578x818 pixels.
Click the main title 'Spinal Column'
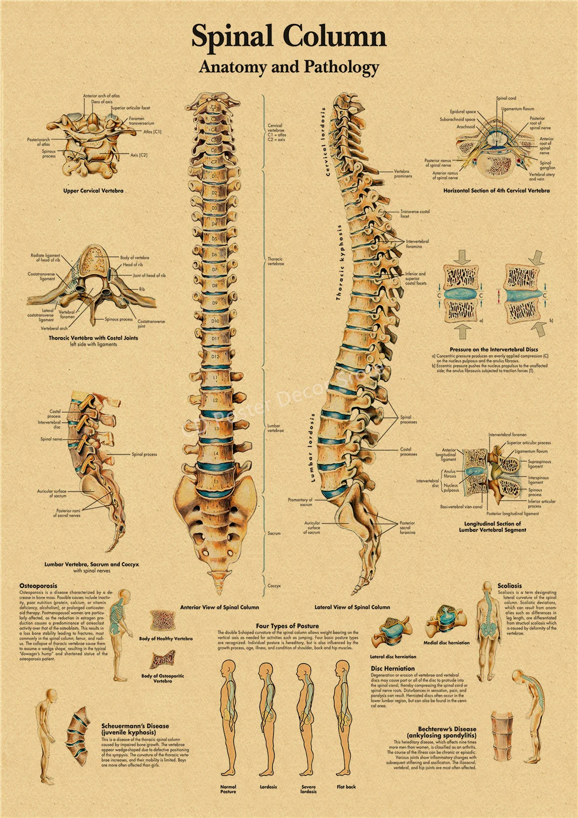(289, 36)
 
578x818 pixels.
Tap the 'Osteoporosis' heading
(38, 585)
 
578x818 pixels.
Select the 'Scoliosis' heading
(509, 585)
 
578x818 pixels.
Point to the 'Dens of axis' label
(101, 102)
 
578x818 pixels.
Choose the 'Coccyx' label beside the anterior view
(274, 585)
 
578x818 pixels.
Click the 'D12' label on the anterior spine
(215, 356)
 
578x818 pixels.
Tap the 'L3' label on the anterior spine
(216, 428)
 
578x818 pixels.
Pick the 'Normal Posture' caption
(228, 789)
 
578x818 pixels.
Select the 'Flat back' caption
(346, 786)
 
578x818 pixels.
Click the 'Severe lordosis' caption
(308, 789)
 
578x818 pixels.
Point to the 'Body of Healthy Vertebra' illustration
(163, 621)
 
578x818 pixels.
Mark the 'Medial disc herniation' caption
(446, 643)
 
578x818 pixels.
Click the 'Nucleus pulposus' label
(451, 488)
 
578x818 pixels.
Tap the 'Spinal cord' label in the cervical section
(506, 98)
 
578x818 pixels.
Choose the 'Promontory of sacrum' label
(301, 502)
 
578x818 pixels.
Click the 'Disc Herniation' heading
(393, 668)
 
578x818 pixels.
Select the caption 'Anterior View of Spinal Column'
(219, 607)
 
